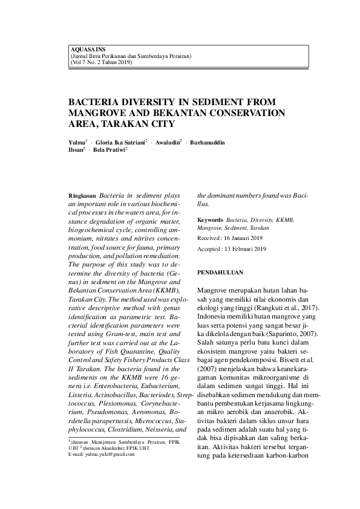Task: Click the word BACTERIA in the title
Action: click(99, 103)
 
